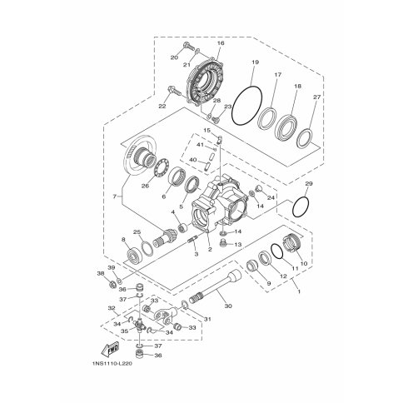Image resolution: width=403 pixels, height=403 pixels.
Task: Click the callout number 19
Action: (x=255, y=62)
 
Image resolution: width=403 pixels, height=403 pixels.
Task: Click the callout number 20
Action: (x=174, y=57)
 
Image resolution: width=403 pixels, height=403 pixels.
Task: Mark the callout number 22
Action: (x=162, y=107)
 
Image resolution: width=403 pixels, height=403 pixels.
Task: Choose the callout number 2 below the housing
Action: (x=210, y=249)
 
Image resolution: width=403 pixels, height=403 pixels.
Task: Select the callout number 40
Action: (x=192, y=160)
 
